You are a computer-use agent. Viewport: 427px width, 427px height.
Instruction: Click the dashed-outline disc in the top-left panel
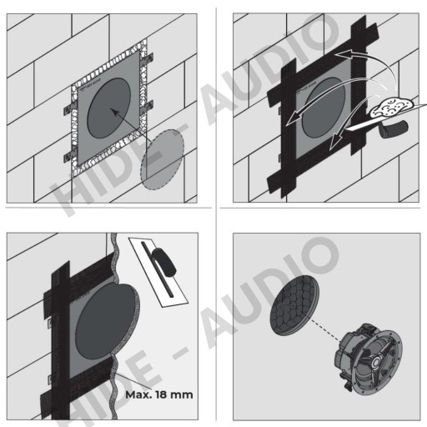pyautogui.click(x=163, y=160)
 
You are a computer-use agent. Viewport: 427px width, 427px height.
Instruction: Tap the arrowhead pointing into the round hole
pyautogui.click(x=115, y=112)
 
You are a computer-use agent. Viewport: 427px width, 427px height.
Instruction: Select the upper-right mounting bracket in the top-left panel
pyautogui.click(x=148, y=59)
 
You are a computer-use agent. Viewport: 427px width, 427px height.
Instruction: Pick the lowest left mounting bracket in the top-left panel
pyautogui.click(x=70, y=158)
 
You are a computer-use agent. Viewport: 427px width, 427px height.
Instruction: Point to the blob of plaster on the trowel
pyautogui.click(x=393, y=108)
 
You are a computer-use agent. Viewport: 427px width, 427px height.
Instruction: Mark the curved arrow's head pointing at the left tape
pyautogui.click(x=294, y=118)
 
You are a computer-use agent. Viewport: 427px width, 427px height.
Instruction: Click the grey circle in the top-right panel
pyautogui.click(x=324, y=108)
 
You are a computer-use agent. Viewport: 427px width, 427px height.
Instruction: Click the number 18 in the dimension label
pyautogui.click(x=161, y=394)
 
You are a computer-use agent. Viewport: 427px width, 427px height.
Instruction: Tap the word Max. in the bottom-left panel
pyautogui.click(x=138, y=394)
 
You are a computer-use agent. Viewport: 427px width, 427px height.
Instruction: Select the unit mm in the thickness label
pyautogui.click(x=182, y=395)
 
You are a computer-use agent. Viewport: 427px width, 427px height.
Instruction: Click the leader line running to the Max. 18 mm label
pyautogui.click(x=133, y=381)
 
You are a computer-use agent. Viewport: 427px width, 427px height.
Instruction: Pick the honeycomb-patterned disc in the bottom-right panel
pyautogui.click(x=294, y=306)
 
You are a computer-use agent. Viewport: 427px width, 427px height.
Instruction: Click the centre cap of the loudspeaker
pyautogui.click(x=376, y=362)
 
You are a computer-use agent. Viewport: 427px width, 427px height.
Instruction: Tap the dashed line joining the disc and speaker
pyautogui.click(x=325, y=330)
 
